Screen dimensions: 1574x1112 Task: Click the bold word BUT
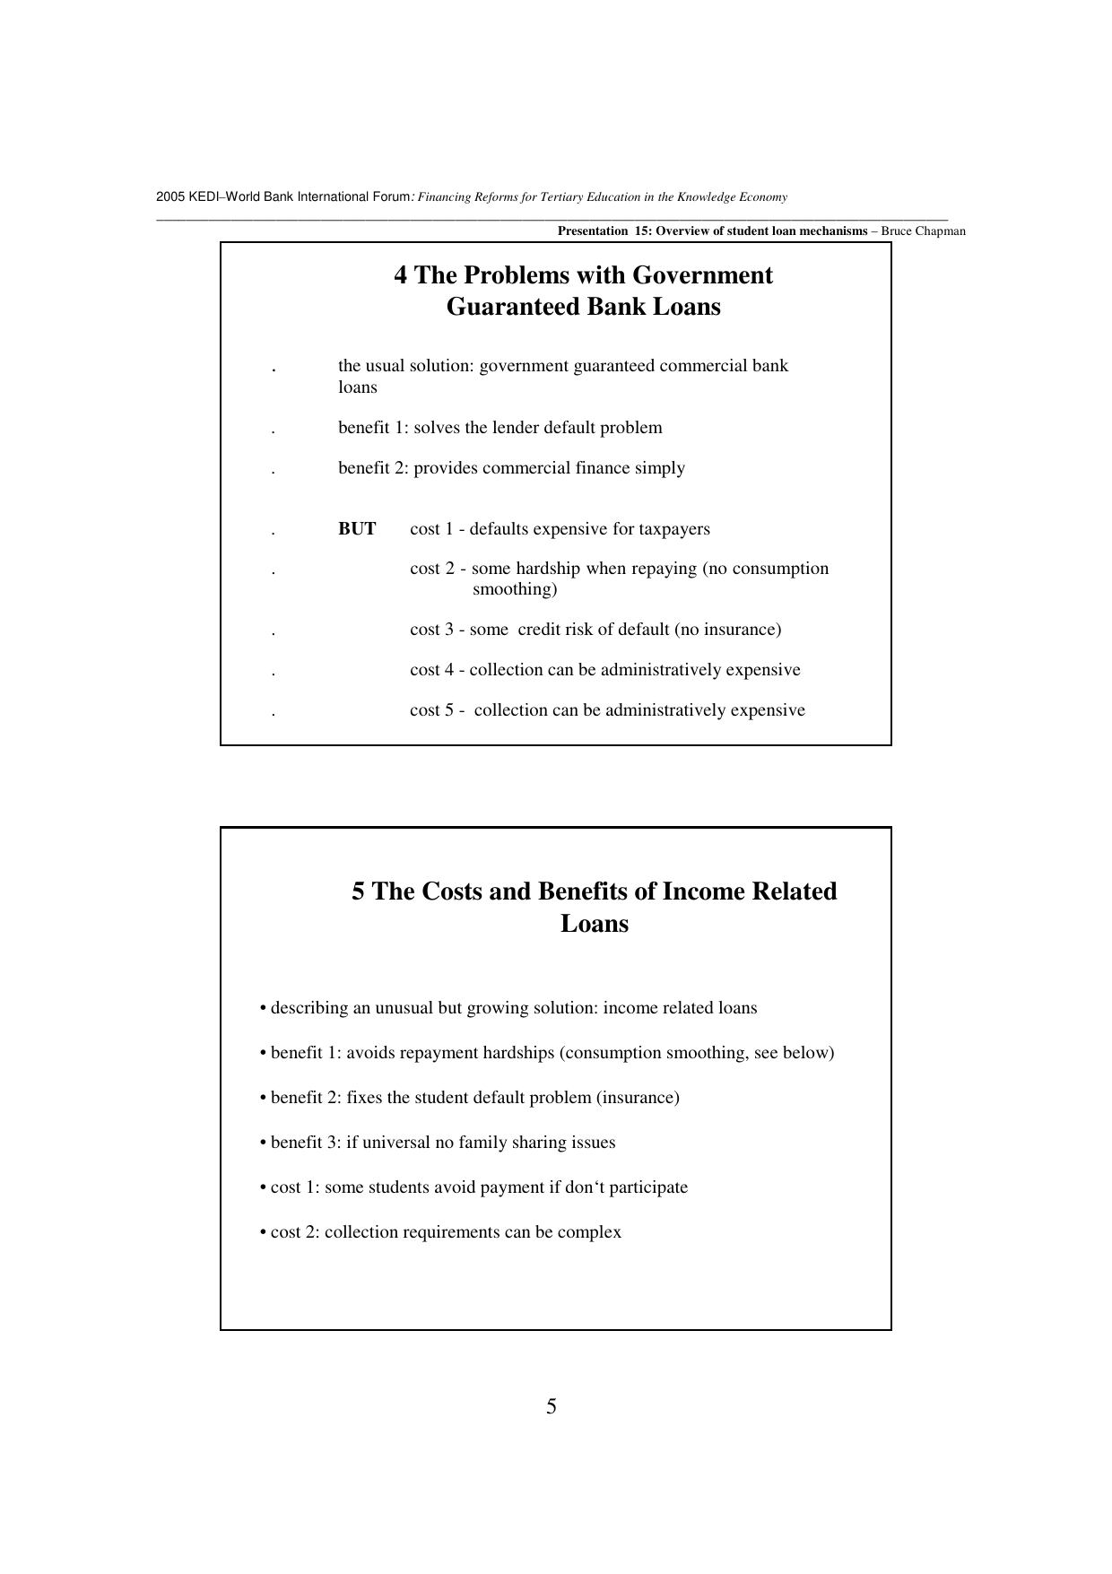pos(357,529)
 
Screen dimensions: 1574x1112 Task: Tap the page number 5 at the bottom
pos(552,1406)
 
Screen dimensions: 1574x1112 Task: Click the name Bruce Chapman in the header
pos(923,231)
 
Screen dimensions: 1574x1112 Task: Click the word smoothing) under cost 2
pos(515,589)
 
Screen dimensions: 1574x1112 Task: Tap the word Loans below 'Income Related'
pos(595,925)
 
